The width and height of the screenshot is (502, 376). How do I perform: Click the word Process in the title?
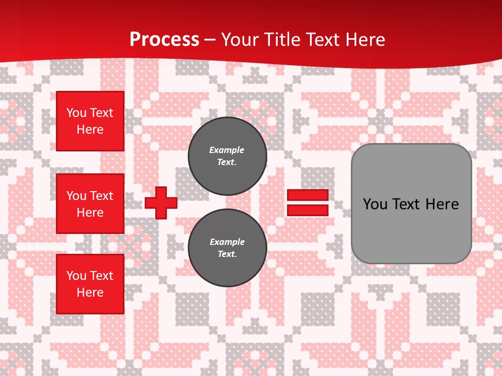164,40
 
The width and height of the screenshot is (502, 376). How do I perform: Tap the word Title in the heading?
281,40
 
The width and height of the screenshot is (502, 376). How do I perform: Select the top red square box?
90,121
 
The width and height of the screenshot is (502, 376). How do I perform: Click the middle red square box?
90,204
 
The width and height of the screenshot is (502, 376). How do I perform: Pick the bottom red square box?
90,284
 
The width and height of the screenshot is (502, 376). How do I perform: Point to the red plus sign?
161,203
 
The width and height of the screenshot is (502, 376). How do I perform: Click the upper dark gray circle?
227,156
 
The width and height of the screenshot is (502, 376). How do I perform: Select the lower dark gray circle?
227,248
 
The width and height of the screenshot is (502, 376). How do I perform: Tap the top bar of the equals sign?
307,195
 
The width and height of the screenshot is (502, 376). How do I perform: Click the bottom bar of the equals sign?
307,210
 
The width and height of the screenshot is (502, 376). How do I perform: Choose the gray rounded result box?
411,204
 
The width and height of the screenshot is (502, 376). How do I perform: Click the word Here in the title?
366,40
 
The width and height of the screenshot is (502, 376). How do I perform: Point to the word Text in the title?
323,40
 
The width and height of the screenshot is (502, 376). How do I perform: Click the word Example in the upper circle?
227,150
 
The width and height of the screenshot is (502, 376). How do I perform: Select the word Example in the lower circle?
227,242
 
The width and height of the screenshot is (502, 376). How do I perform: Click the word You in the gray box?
375,204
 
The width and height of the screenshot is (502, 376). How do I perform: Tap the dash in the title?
210,40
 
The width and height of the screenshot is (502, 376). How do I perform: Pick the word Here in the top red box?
90,130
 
